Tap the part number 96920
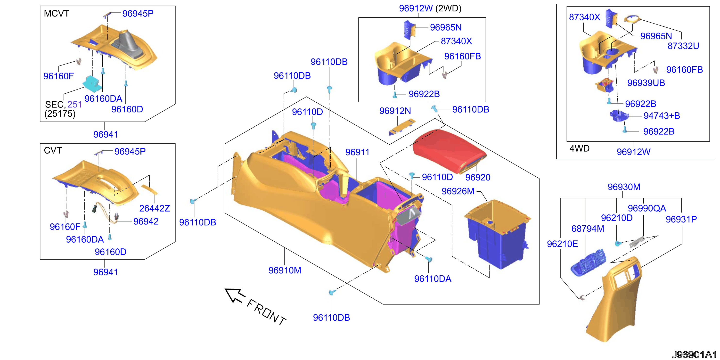pos(478,177)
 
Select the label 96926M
pos(458,191)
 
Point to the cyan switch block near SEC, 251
pos(91,83)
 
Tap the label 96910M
pos(285,270)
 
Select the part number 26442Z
pos(155,208)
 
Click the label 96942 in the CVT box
pos(146,221)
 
